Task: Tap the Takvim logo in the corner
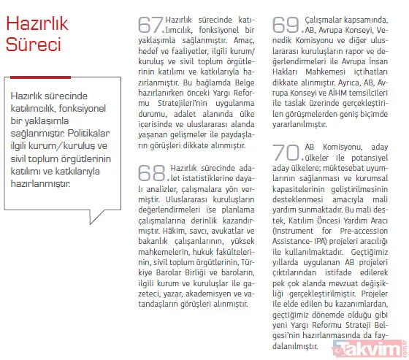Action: [x=373, y=350]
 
